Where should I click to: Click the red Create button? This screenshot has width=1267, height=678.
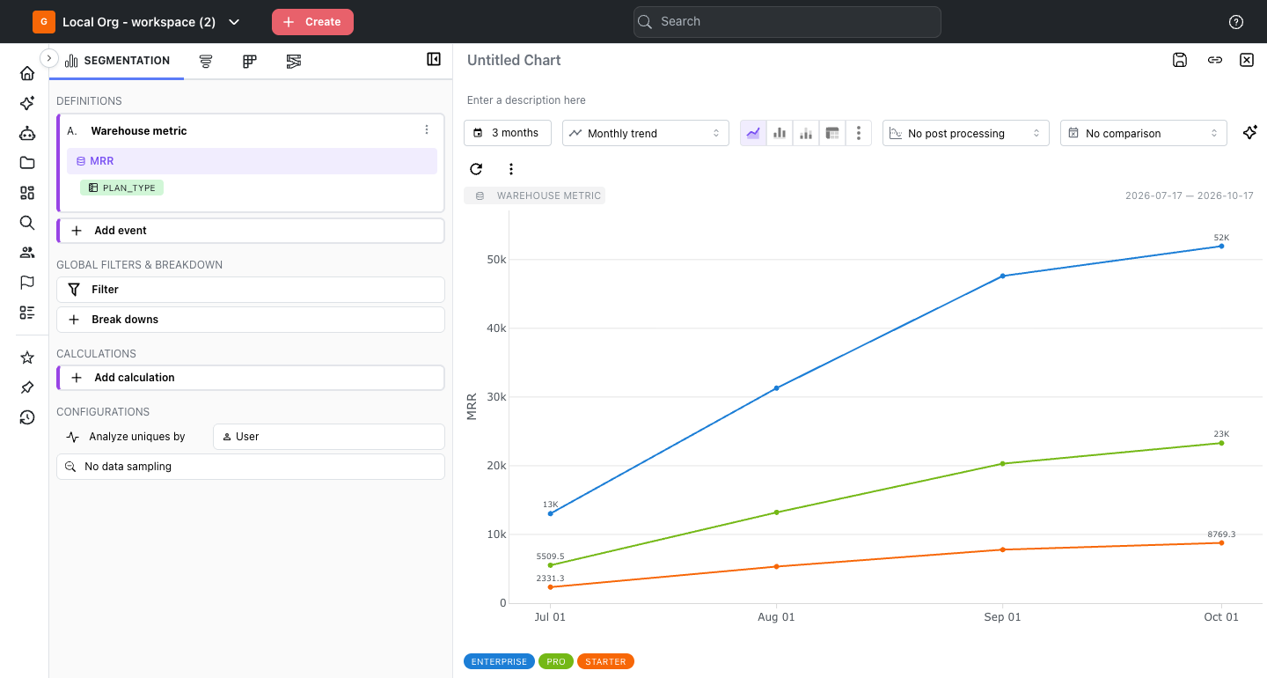click(x=312, y=22)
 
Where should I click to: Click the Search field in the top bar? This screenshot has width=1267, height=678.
click(x=787, y=22)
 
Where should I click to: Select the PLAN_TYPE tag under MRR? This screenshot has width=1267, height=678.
click(x=121, y=188)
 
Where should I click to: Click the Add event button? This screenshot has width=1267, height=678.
click(x=251, y=231)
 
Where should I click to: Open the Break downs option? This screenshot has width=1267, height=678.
click(x=251, y=320)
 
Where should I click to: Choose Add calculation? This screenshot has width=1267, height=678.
click(x=251, y=378)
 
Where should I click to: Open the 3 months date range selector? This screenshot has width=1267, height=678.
click(x=508, y=133)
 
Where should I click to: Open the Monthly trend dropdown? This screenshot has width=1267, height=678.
click(x=646, y=133)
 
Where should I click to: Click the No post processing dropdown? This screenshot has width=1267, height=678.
click(x=965, y=133)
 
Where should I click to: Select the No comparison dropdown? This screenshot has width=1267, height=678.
click(x=1143, y=133)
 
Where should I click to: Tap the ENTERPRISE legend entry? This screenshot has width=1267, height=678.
click(x=499, y=661)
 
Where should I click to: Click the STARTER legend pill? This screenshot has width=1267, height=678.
click(x=605, y=661)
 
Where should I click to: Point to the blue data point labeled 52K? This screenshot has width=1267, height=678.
click(x=1222, y=247)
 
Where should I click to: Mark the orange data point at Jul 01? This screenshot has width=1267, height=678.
click(x=551, y=587)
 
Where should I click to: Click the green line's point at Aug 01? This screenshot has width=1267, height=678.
click(x=776, y=512)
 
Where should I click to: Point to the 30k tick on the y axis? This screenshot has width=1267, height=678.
click(x=496, y=397)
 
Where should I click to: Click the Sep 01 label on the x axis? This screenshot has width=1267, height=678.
click(x=1002, y=617)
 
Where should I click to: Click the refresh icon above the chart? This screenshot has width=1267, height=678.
click(x=476, y=169)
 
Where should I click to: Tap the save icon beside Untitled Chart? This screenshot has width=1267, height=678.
click(x=1179, y=60)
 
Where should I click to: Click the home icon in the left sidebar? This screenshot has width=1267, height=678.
click(x=27, y=74)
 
